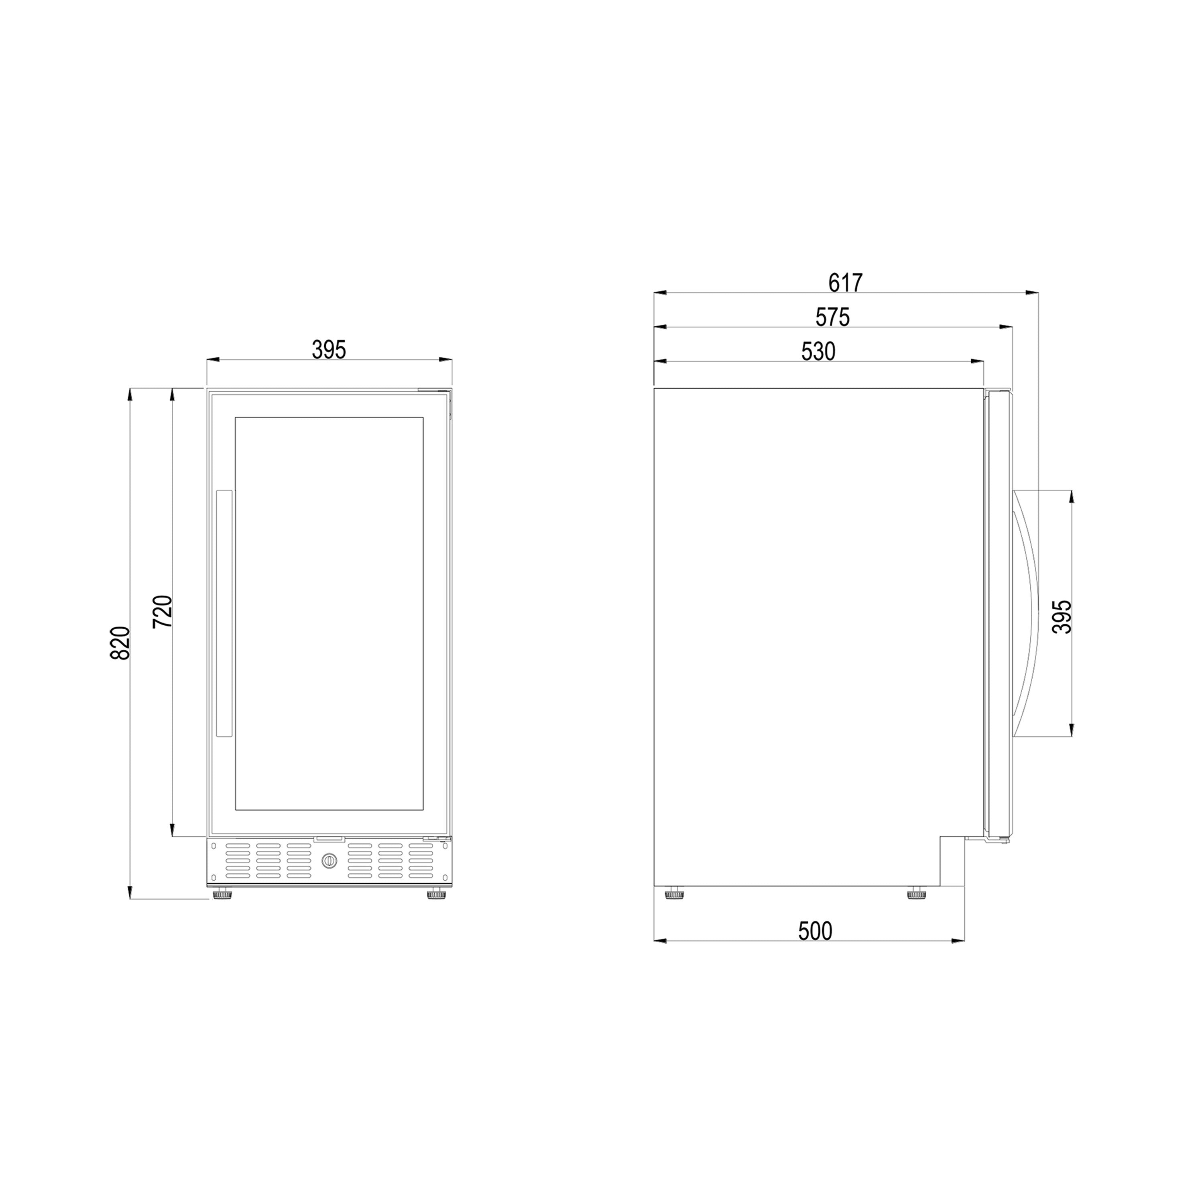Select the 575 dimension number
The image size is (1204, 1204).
833,318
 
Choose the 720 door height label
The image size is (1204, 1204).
162,612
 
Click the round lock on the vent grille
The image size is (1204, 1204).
329,861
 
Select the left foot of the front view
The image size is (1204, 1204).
222,895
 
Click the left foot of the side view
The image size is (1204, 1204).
674,895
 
